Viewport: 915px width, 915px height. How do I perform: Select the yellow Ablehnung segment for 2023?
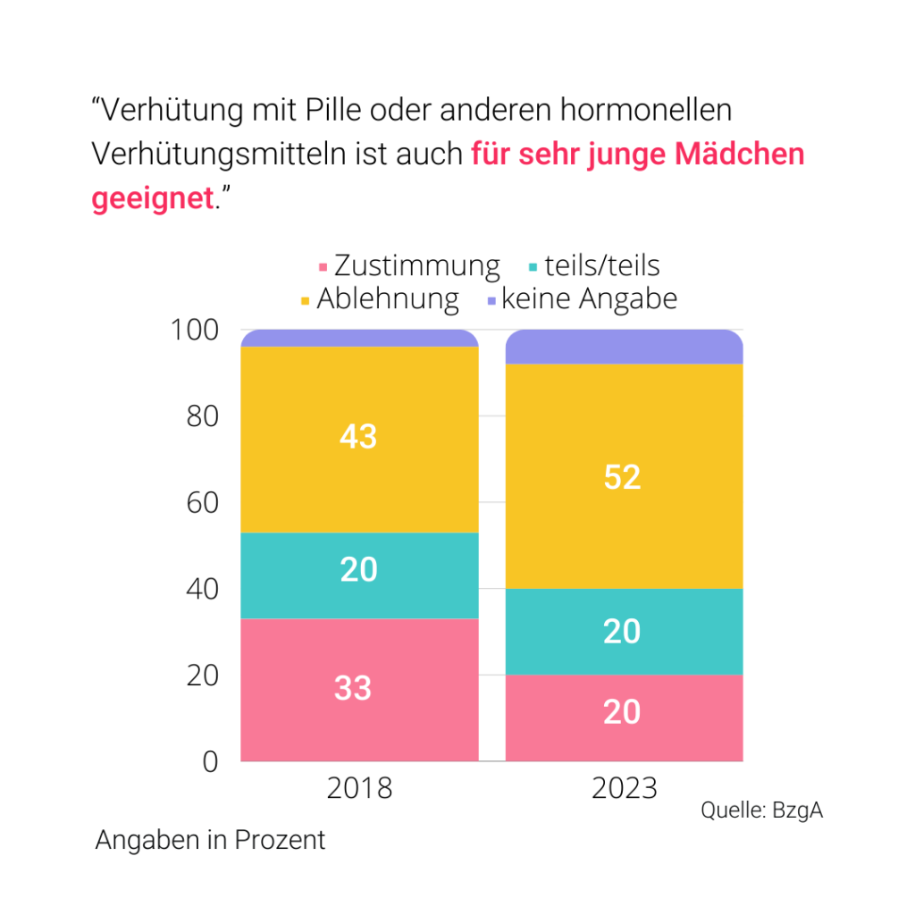coord(624,518)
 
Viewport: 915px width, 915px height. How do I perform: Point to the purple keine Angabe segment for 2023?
coord(624,347)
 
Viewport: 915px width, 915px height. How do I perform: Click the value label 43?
coord(358,436)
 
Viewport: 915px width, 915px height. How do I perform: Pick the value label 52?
coord(622,477)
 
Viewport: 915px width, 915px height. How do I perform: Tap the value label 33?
coord(353,688)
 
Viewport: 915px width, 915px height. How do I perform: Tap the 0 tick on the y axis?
coord(209,761)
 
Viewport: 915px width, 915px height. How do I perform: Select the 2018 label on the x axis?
coord(359,789)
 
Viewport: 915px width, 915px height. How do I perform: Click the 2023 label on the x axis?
coord(624,789)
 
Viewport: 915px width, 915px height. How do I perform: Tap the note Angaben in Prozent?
coord(210,841)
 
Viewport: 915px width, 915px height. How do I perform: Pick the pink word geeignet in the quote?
coord(152,197)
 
